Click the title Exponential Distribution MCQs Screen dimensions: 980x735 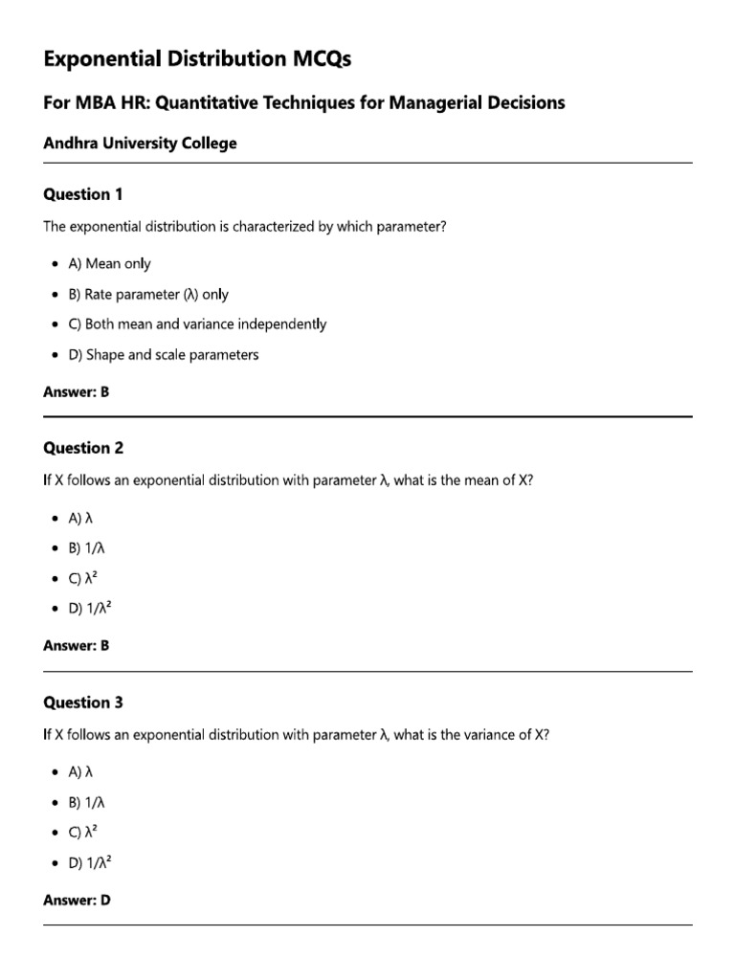pyautogui.click(x=197, y=59)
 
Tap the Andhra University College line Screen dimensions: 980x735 pyautogui.click(x=140, y=144)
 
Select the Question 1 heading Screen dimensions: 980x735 pyautogui.click(x=83, y=194)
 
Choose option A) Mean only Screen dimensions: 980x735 pyautogui.click(x=108, y=263)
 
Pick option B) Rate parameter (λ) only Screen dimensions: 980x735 pyautogui.click(x=147, y=294)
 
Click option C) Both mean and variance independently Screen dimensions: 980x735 pyautogui.click(x=196, y=324)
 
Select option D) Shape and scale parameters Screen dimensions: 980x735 pyautogui.click(x=163, y=355)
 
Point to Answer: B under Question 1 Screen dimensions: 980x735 pyautogui.click(x=77, y=391)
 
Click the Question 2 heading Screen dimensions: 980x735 pyautogui.click(x=83, y=448)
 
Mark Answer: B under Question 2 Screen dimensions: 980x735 pyautogui.click(x=77, y=646)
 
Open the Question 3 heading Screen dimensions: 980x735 pyautogui.click(x=83, y=702)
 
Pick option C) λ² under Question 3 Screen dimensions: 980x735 pyautogui.click(x=84, y=832)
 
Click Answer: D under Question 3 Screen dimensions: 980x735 pyautogui.click(x=77, y=901)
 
